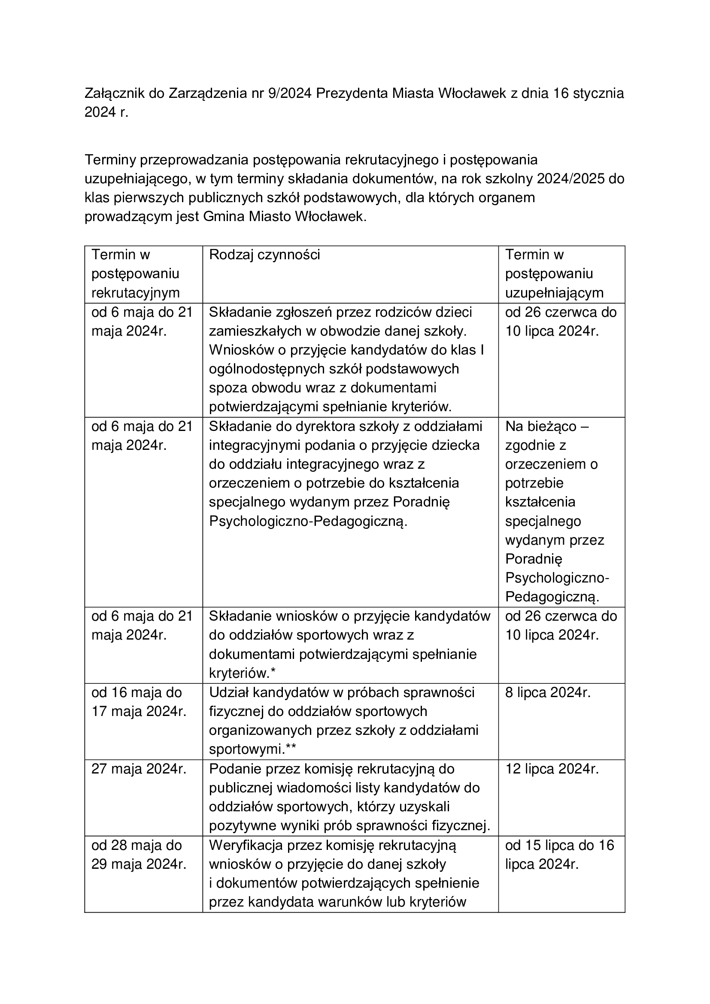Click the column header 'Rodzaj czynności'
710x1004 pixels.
[264, 255]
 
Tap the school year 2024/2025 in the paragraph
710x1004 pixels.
[571, 179]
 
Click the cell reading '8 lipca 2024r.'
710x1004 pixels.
[548, 693]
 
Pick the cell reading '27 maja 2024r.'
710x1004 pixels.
[139, 769]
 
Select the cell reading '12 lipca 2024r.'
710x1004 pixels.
[552, 769]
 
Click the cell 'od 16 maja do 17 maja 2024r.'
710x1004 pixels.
[139, 702]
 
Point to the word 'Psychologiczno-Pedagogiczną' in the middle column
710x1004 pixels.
[308, 521]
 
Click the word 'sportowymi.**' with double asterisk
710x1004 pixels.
[252, 749]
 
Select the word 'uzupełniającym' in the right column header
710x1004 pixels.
[554, 293]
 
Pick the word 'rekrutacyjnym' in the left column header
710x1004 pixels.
[136, 293]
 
